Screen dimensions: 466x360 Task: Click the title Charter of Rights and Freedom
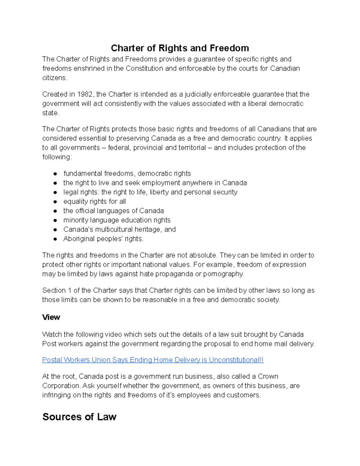pos(180,48)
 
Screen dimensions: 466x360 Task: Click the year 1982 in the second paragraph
pos(85,94)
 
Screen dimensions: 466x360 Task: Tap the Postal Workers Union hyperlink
pos(153,360)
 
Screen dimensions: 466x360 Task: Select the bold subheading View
pos(51,317)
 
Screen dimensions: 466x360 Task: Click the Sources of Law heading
pos(79,417)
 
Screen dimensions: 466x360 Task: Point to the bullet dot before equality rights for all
pos(55,202)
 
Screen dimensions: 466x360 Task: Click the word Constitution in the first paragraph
pos(144,68)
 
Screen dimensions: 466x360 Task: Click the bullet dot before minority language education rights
pos(55,220)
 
